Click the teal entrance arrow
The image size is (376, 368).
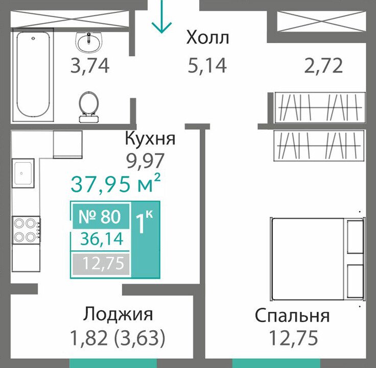(x=161, y=16)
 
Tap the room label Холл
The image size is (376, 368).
(x=207, y=38)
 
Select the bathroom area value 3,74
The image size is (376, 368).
(x=90, y=66)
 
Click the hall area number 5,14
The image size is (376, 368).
(x=207, y=66)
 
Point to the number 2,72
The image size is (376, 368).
(x=323, y=66)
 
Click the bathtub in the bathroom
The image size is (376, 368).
(x=33, y=75)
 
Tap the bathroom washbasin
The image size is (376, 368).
(x=89, y=43)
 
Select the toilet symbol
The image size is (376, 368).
(x=89, y=107)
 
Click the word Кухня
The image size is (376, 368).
(x=150, y=139)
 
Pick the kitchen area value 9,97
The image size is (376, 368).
(x=146, y=160)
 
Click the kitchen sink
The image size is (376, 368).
(x=23, y=173)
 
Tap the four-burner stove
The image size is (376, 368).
(x=27, y=230)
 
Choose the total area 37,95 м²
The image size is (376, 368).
(x=115, y=184)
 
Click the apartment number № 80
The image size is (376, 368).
(x=100, y=216)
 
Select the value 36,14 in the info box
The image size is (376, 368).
(x=102, y=239)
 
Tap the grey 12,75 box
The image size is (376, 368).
(x=101, y=264)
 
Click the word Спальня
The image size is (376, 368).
(x=292, y=316)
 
